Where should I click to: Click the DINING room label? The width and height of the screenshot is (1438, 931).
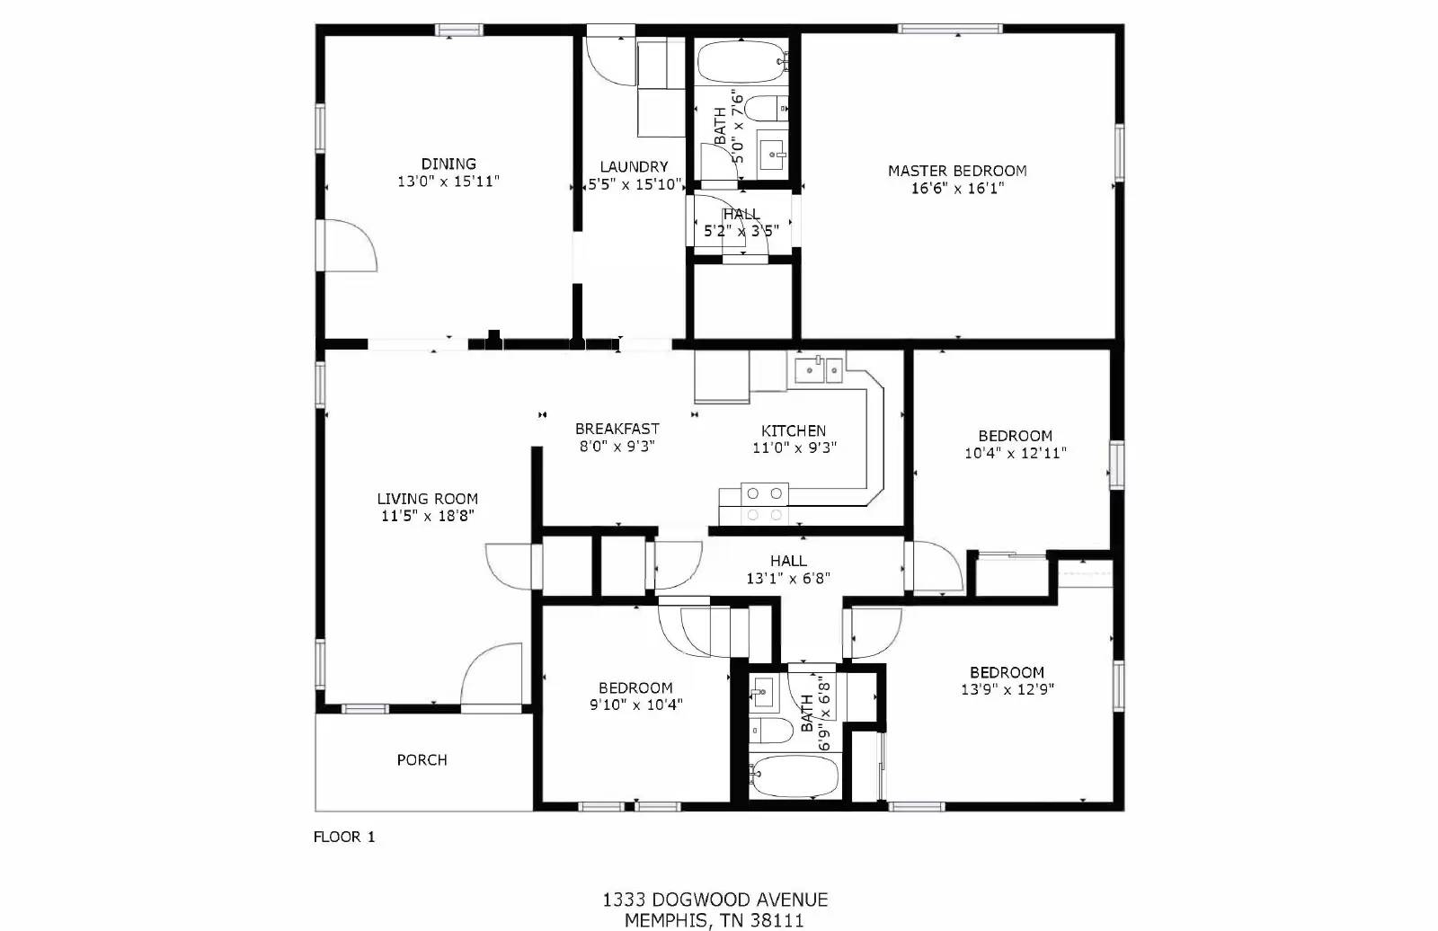(448, 164)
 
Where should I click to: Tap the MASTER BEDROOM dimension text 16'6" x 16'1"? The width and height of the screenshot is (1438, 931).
(957, 189)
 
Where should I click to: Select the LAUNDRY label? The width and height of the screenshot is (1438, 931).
(634, 166)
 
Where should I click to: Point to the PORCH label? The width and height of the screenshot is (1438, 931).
(422, 760)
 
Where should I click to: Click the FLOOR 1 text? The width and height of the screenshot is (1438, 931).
(344, 837)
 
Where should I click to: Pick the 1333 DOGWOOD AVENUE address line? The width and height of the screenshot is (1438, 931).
(715, 900)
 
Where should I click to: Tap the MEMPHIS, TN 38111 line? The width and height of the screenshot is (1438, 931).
(715, 920)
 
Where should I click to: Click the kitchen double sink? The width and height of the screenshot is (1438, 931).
(818, 368)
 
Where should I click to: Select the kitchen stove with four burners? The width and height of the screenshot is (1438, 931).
(765, 503)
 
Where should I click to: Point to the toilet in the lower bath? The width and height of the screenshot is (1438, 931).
(768, 730)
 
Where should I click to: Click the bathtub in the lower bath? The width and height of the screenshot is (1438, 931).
(794, 776)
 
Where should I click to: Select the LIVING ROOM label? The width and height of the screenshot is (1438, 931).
(427, 499)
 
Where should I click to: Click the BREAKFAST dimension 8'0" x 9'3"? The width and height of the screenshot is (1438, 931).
(617, 447)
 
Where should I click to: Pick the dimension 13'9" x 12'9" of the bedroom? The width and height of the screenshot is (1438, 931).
(1007, 690)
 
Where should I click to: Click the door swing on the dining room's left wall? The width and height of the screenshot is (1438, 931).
(348, 244)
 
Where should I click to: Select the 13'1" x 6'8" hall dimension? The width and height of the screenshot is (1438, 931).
(787, 580)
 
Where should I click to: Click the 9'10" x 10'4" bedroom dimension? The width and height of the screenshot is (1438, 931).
(635, 705)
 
